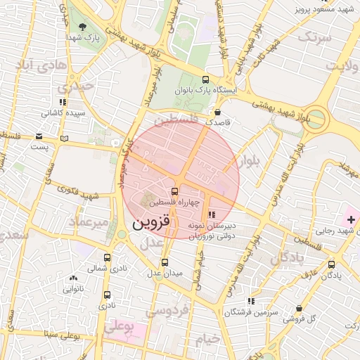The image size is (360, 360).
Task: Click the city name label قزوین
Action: click(151, 223)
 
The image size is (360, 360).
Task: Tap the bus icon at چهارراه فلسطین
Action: click(174, 191)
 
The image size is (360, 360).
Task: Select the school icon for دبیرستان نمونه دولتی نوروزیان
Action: click(212, 214)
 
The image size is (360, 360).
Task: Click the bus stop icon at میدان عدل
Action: click(165, 262)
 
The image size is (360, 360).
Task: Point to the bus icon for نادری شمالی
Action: click(107, 257)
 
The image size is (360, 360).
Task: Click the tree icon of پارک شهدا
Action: click(83, 27)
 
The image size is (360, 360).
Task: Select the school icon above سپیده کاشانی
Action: click(63, 102)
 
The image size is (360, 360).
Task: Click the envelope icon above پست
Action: click(39, 136)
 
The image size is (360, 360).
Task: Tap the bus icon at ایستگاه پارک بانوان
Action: click(205, 79)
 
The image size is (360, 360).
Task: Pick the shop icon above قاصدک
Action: click(217, 112)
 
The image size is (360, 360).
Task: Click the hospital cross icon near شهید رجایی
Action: click(351, 221)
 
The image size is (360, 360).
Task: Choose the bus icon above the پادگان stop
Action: click(332, 264)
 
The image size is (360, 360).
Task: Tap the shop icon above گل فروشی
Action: click(300, 308)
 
